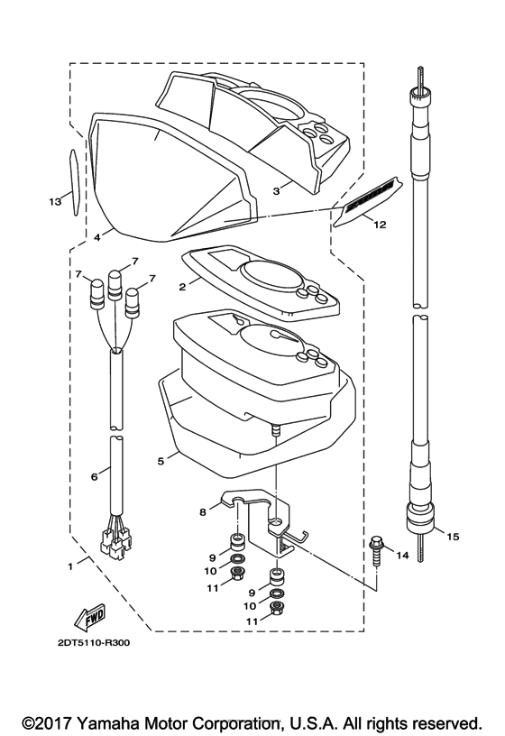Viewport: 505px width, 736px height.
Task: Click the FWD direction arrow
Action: pyautogui.click(x=89, y=618)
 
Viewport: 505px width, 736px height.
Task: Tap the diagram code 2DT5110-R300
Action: pyautogui.click(x=94, y=642)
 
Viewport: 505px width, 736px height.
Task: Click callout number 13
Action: pyautogui.click(x=55, y=201)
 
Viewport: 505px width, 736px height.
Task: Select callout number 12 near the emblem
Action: pyautogui.click(x=380, y=225)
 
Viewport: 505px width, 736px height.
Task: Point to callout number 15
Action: pyautogui.click(x=453, y=537)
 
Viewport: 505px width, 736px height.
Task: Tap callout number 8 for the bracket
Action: pyautogui.click(x=203, y=511)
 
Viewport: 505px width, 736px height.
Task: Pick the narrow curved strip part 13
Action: pyautogui.click(x=74, y=182)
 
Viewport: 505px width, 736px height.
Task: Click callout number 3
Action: pyautogui.click(x=277, y=191)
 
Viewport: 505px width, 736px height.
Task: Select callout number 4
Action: pyautogui.click(x=96, y=237)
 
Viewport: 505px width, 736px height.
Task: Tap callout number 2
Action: pyautogui.click(x=182, y=286)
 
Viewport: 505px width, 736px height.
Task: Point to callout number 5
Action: pyautogui.click(x=161, y=461)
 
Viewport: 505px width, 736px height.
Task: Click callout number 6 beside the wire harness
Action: pyautogui.click(x=95, y=476)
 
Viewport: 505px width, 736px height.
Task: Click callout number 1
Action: pyautogui.click(x=70, y=566)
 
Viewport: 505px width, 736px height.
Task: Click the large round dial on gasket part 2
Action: pyautogui.click(x=270, y=275)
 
